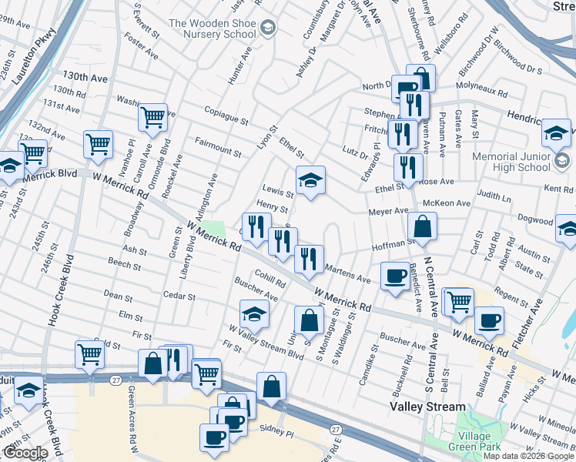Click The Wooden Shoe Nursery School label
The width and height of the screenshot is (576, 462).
click(212, 28)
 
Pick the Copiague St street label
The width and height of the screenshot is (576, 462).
click(226, 116)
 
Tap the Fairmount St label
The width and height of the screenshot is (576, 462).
click(218, 145)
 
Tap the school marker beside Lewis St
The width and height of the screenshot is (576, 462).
click(310, 182)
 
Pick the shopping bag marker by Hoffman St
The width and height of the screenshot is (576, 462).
click(422, 227)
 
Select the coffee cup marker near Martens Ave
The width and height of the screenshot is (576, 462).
click(396, 276)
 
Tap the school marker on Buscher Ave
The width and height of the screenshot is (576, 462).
click(253, 314)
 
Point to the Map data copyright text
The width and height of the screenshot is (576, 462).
click(528, 456)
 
